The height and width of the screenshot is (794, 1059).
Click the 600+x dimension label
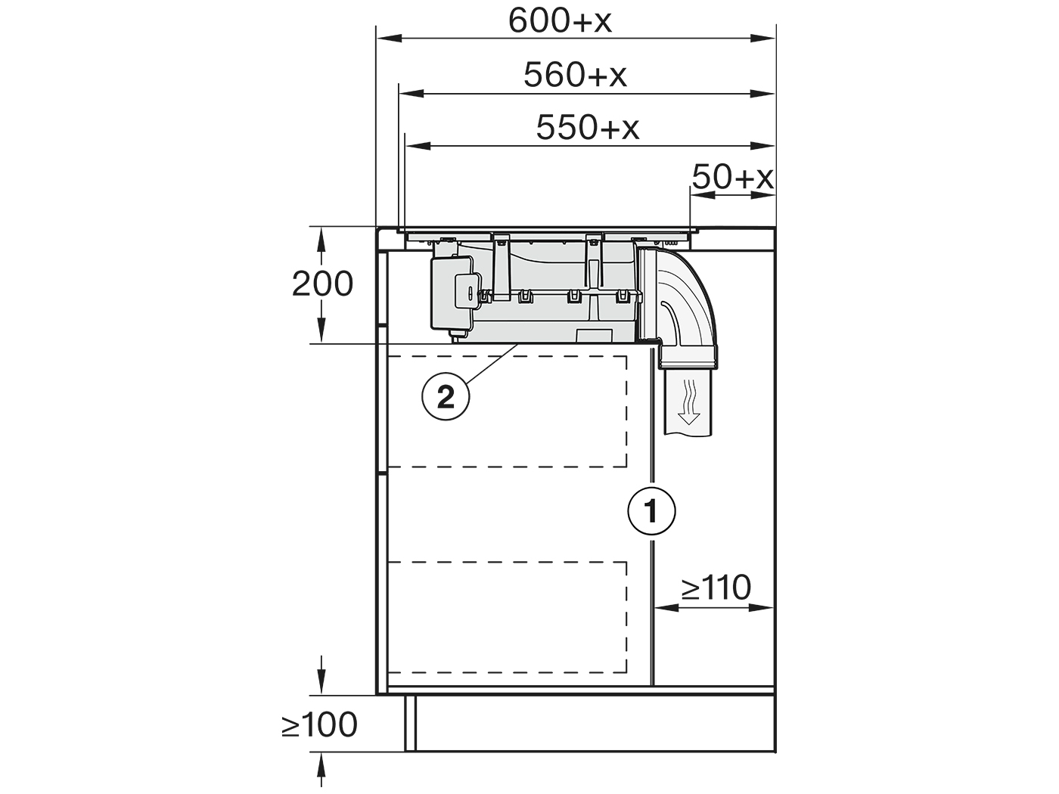(x=560, y=21)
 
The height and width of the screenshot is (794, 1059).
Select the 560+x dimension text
(x=575, y=75)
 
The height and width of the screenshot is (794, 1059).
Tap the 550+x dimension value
(x=588, y=128)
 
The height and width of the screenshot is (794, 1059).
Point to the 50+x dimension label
(x=732, y=178)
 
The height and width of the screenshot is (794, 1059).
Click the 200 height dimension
(x=322, y=284)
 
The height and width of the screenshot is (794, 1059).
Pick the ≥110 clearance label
(x=716, y=588)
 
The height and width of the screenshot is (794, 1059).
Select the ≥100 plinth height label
(x=319, y=724)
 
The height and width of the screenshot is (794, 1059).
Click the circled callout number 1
(x=651, y=511)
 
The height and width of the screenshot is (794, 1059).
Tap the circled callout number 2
(x=446, y=399)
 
